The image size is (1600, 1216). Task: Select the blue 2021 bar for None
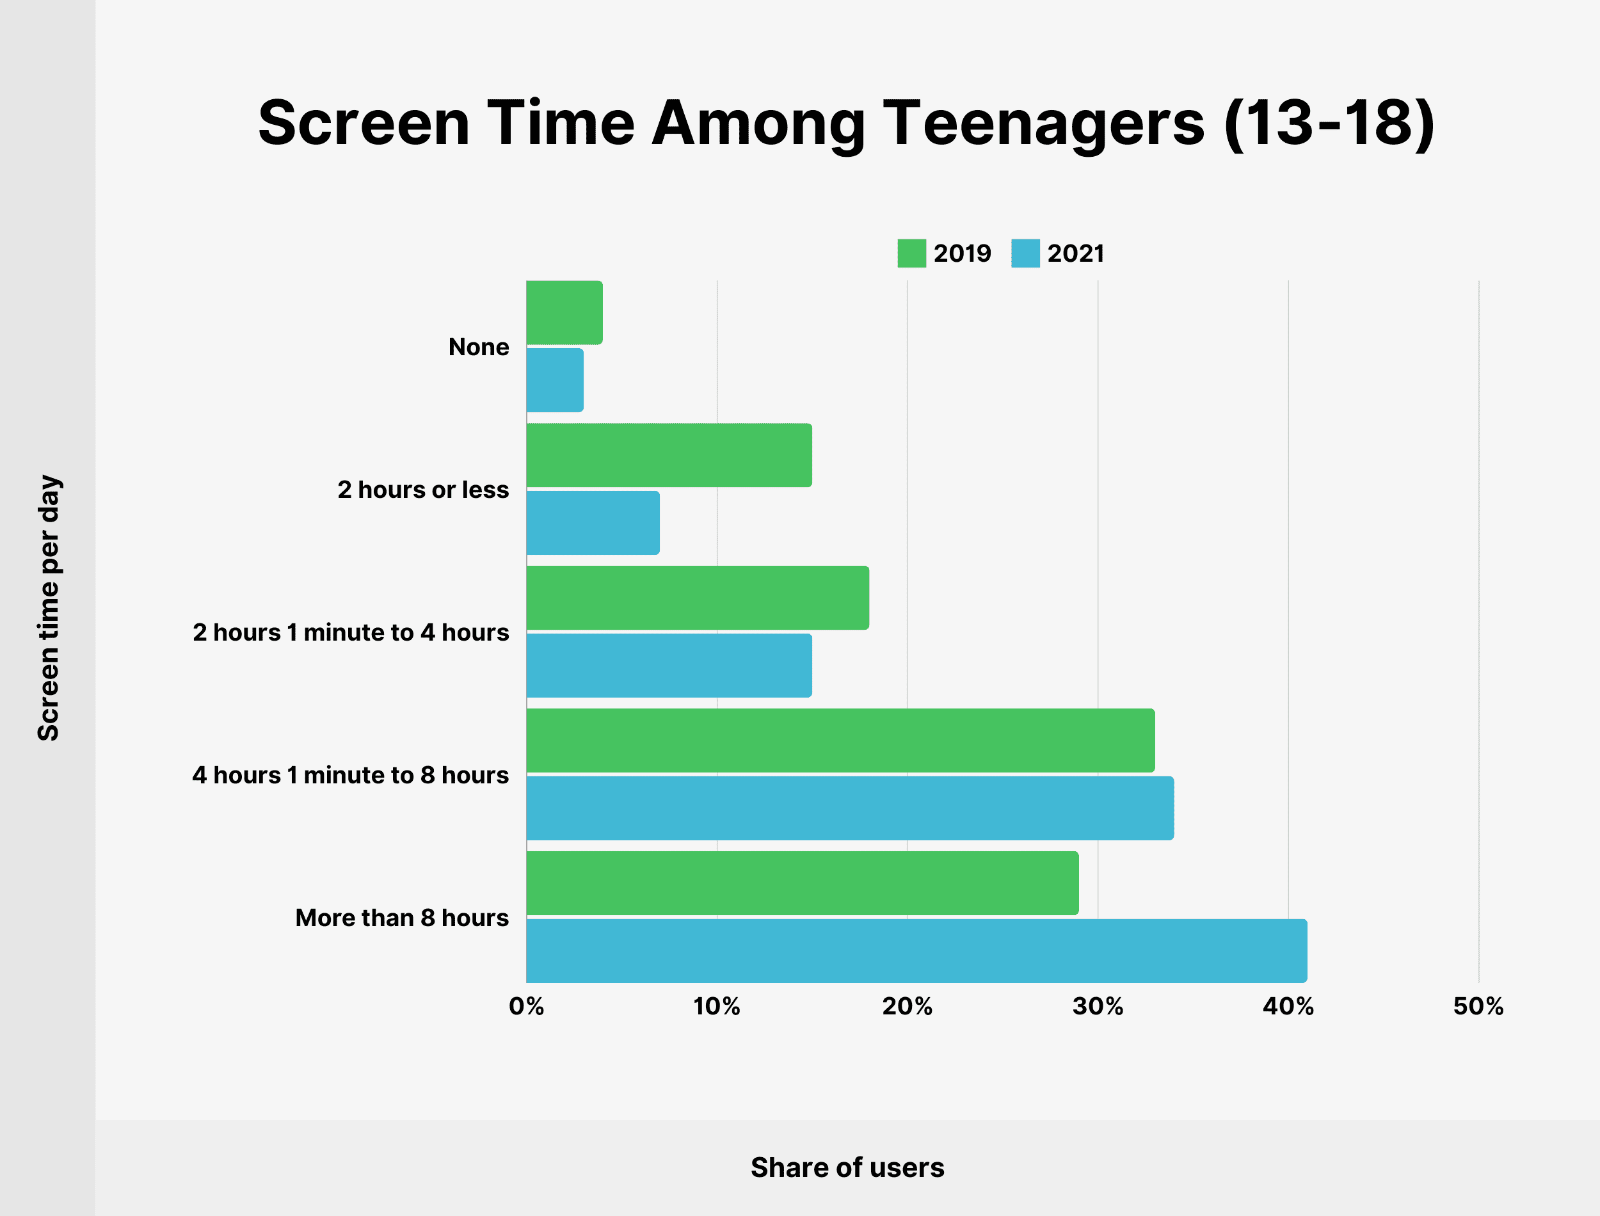pos(554,380)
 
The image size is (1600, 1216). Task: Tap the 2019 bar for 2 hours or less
pos(669,454)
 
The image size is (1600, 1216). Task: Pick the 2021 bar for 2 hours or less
pos(593,523)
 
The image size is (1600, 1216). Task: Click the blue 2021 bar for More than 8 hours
pos(916,950)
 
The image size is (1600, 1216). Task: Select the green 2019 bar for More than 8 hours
pos(802,883)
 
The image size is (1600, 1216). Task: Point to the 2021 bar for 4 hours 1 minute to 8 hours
pos(849,808)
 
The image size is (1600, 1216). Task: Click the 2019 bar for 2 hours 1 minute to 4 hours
pos(697,597)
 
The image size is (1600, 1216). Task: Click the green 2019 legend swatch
pos(911,253)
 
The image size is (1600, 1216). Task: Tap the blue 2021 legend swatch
pos(1025,253)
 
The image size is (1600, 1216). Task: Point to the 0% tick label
pos(526,1006)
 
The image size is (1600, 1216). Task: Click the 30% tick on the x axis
pos(1097,1006)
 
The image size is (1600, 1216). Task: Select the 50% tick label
pos(1478,1006)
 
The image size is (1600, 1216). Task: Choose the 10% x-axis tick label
pos(716,1006)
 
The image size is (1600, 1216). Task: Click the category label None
pos(478,347)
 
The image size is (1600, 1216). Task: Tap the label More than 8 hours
pos(402,917)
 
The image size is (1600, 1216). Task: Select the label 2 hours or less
pos(422,490)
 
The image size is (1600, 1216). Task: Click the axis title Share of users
pos(847,1167)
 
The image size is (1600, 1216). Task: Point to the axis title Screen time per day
pos(49,607)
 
